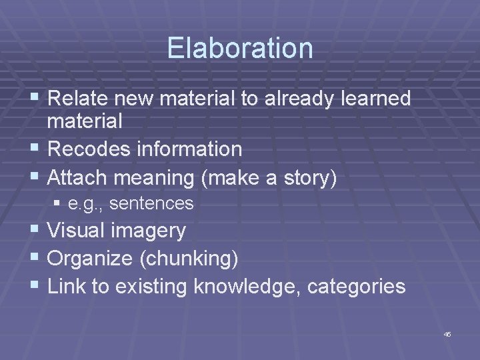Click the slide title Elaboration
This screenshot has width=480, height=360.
coord(240,48)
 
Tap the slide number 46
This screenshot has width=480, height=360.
coord(447,333)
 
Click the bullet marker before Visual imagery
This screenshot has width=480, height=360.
coord(36,231)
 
